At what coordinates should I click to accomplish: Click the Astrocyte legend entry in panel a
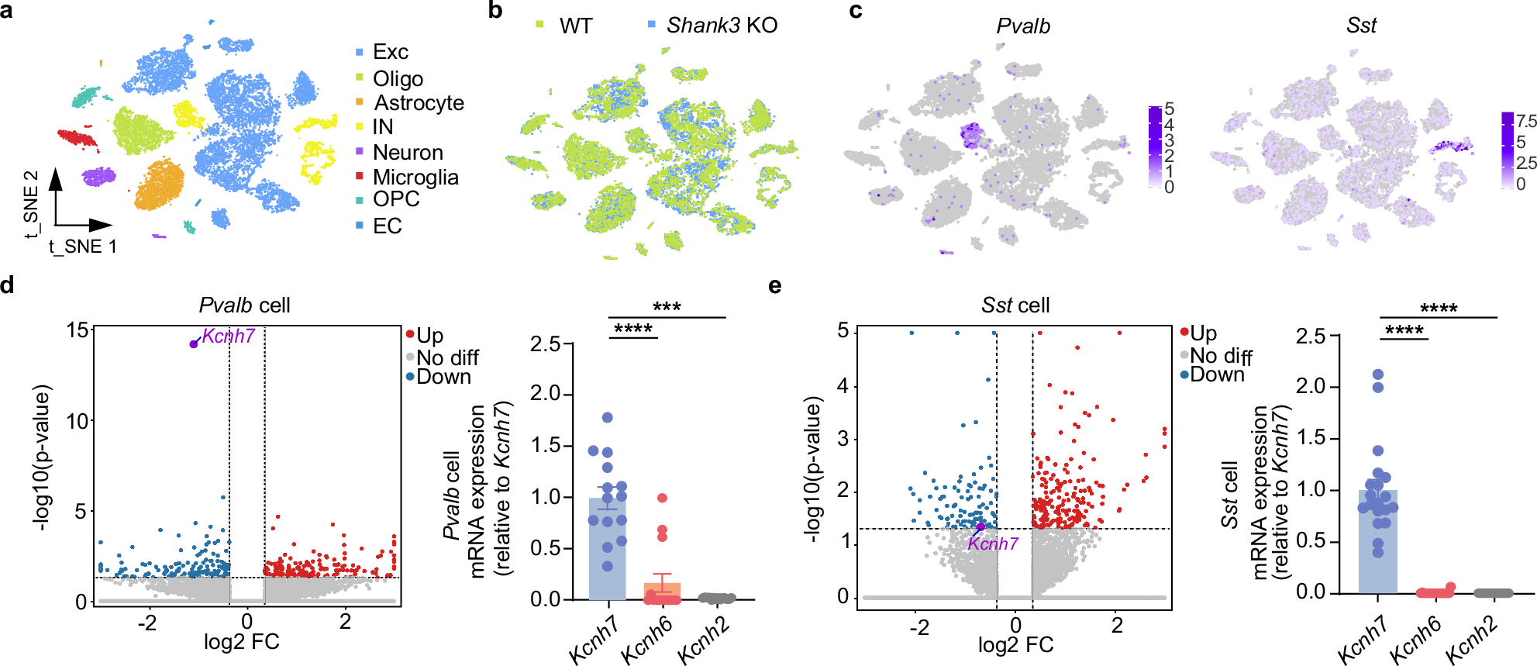pyautogui.click(x=419, y=103)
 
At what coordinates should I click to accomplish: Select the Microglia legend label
pyautogui.click(x=415, y=178)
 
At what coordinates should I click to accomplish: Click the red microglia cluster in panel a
pyautogui.click(x=78, y=139)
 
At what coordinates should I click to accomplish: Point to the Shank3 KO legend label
pyautogui.click(x=722, y=26)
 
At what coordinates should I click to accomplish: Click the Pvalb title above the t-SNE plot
pyautogui.click(x=1023, y=26)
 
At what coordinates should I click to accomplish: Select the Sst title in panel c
pyautogui.click(x=1361, y=26)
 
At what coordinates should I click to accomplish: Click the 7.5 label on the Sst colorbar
pyautogui.click(x=1525, y=122)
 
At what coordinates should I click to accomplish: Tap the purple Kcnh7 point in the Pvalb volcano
pyautogui.click(x=194, y=343)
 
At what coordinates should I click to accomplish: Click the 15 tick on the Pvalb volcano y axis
pyautogui.click(x=78, y=330)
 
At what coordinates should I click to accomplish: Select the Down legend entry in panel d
pyautogui.click(x=443, y=377)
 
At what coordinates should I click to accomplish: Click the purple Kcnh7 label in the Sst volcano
pyautogui.click(x=993, y=543)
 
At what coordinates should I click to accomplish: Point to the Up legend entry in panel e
pyautogui.click(x=1203, y=333)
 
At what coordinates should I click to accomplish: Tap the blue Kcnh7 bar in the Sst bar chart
pyautogui.click(x=1377, y=543)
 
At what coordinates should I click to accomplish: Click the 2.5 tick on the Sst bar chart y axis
pyautogui.click(x=1310, y=336)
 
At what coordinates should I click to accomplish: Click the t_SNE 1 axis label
pyautogui.click(x=83, y=247)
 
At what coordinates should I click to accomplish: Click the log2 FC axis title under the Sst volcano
pyautogui.click(x=1015, y=645)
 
